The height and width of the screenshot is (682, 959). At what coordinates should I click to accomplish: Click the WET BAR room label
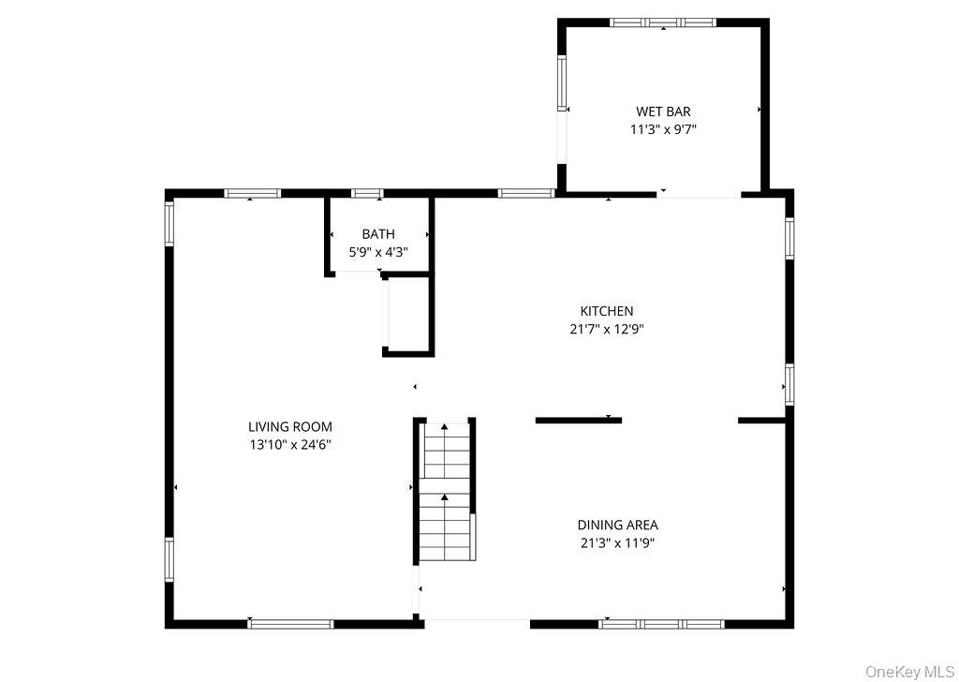pos(664,111)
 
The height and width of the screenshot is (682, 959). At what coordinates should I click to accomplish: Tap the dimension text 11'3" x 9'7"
pos(664,129)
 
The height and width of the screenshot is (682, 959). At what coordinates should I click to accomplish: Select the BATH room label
pos(378,233)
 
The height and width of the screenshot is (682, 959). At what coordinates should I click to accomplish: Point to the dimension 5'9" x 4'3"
pos(378,251)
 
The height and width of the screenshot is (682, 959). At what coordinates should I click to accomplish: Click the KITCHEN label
pos(607,311)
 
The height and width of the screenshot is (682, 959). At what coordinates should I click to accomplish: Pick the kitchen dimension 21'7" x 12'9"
pos(607,329)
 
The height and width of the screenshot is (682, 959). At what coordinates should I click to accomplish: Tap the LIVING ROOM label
pos(290,427)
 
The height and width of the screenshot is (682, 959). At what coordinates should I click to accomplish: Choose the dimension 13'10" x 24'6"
pos(290,445)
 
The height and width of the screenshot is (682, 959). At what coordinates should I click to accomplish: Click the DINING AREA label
pos(618,525)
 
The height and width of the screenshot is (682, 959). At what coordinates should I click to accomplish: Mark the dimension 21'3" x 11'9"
pos(618,542)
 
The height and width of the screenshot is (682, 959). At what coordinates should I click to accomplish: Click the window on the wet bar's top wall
pos(663,22)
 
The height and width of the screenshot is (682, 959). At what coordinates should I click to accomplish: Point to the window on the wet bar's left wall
pos(562,83)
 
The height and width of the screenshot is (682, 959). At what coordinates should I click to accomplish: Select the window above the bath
pos(367,193)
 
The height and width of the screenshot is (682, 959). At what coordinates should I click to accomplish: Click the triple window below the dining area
pos(662,624)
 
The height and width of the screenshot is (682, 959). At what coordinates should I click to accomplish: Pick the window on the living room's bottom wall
pos(290,624)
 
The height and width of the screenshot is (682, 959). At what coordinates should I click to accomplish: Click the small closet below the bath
pos(408,315)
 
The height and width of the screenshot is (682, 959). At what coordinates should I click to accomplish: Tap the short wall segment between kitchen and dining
pos(579,421)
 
